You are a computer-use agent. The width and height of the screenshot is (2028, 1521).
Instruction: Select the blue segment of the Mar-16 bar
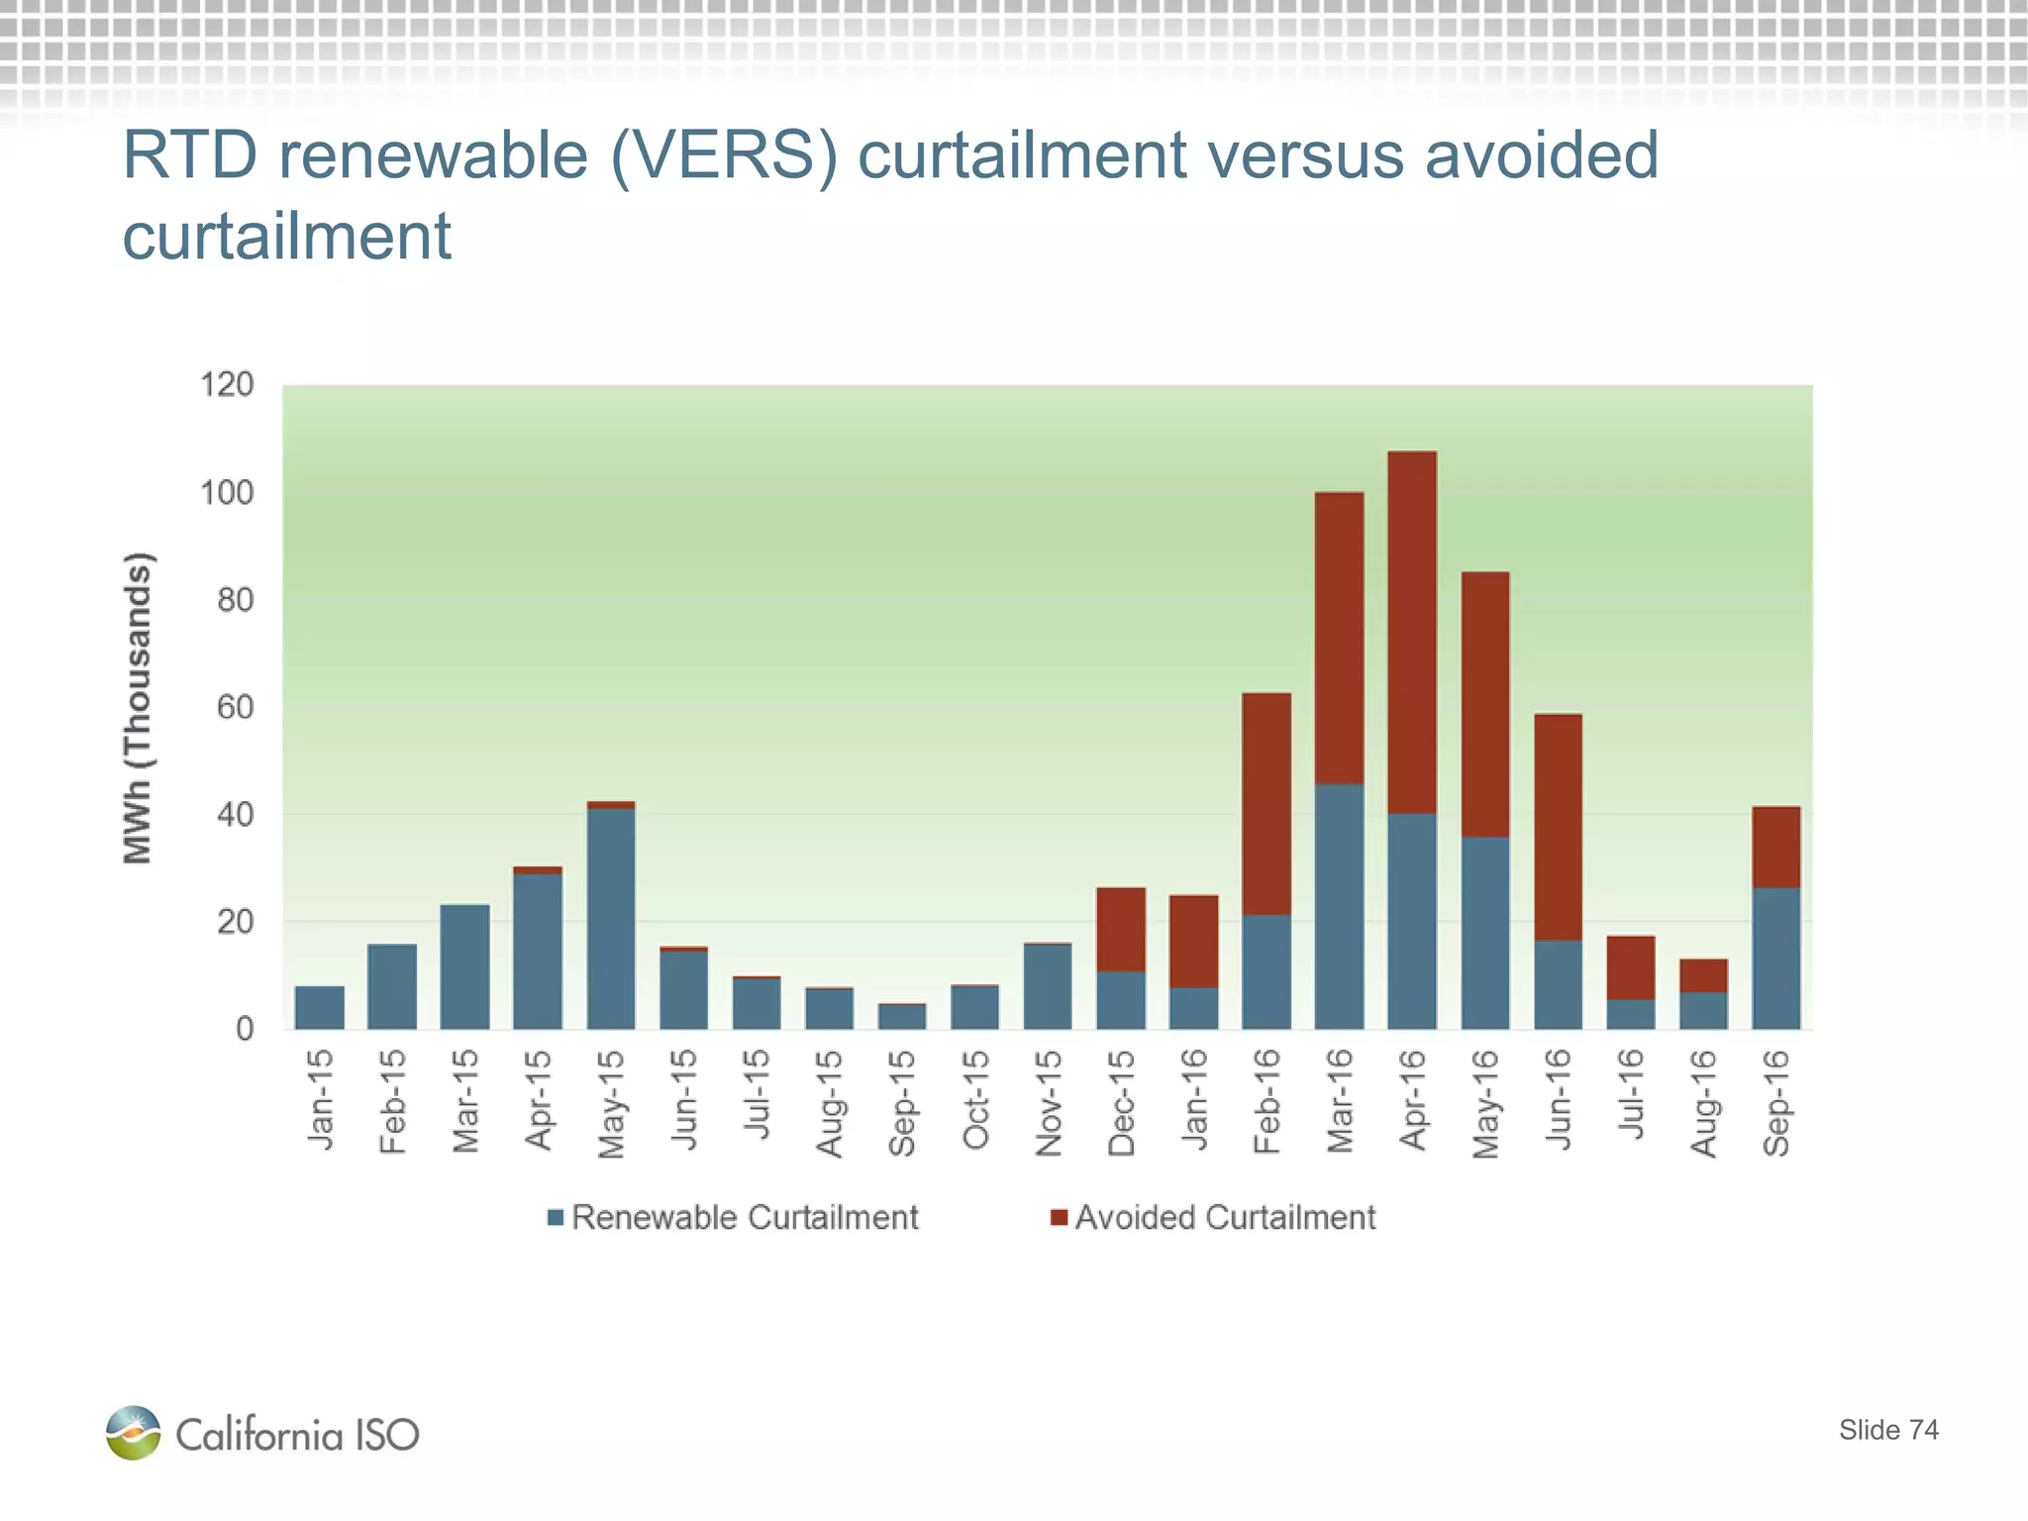1339,906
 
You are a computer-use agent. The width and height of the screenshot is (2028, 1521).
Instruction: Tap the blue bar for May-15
611,918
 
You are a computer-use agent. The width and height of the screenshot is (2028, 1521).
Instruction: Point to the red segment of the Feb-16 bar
1267,803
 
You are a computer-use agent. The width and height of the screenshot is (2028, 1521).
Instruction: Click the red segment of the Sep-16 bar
1775,847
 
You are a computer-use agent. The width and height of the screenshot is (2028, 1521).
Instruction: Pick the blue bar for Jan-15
320,1007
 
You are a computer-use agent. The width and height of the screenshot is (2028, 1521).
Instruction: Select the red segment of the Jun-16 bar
1558,827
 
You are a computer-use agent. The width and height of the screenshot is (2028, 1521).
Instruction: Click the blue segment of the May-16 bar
1485,932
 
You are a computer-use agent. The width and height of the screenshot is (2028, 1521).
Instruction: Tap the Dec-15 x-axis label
1121,1102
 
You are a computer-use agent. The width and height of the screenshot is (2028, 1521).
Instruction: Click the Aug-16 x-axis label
1703,1102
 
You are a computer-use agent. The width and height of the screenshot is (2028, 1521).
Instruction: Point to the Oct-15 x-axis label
975,1100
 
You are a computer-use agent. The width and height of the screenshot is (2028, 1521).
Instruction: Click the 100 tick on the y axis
227,492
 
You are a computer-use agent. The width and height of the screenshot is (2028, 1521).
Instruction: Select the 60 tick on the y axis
235,707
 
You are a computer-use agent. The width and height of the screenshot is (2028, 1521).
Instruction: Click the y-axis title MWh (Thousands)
138,707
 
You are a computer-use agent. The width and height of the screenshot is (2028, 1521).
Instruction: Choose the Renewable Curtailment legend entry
734,1217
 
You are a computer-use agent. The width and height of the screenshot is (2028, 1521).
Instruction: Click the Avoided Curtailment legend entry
1213,1217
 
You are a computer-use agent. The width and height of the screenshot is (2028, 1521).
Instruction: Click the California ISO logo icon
133,1433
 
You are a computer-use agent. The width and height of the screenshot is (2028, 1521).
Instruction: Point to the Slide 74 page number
1887,1430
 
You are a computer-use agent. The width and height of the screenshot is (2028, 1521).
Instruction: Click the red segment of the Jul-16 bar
1630,967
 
